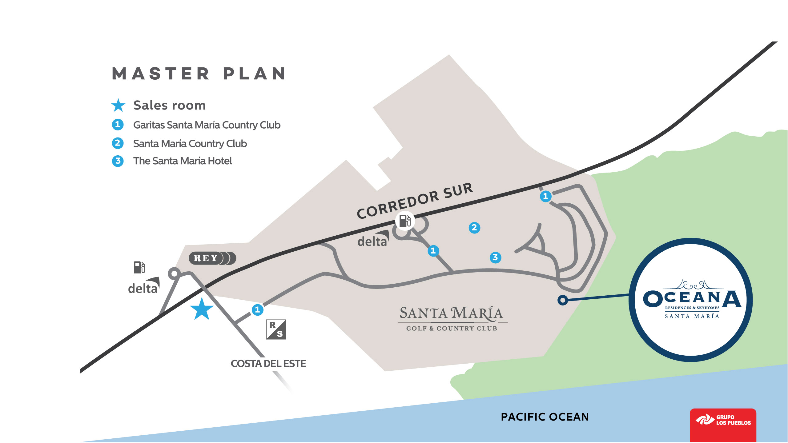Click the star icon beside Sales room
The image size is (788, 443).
coord(118,106)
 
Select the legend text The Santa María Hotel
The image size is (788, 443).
coord(182,161)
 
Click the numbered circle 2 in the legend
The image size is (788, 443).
coord(118,143)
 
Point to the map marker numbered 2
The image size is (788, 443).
coord(474,228)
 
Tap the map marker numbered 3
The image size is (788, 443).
coord(495,257)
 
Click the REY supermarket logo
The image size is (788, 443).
coord(212,258)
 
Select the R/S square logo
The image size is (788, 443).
coord(276,329)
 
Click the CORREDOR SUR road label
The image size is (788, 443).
coord(414,201)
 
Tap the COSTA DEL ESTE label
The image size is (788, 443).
coord(268,364)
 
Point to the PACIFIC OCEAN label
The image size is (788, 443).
coord(545,417)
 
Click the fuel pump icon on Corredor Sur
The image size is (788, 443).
coord(405,221)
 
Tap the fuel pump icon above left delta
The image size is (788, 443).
coord(139,267)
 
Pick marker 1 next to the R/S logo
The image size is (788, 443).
coord(257,309)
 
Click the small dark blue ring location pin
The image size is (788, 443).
coord(563,300)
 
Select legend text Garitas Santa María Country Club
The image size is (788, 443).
coord(207,125)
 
